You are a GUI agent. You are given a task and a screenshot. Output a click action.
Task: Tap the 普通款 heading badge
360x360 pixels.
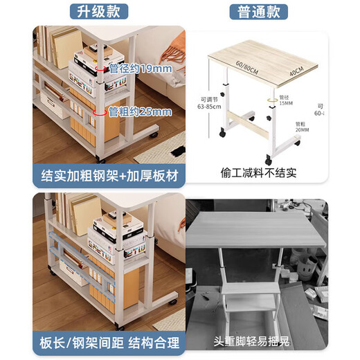pyautogui.click(x=258, y=12)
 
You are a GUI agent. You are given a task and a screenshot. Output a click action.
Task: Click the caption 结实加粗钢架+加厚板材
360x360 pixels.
pyautogui.click(x=109, y=176)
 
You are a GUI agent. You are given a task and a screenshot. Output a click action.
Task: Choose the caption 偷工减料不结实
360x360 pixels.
pyautogui.click(x=257, y=172)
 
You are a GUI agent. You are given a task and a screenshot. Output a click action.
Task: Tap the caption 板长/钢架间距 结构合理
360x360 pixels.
pyautogui.click(x=109, y=342)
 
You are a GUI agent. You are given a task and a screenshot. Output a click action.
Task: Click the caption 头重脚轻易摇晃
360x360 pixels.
pyautogui.click(x=257, y=341)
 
